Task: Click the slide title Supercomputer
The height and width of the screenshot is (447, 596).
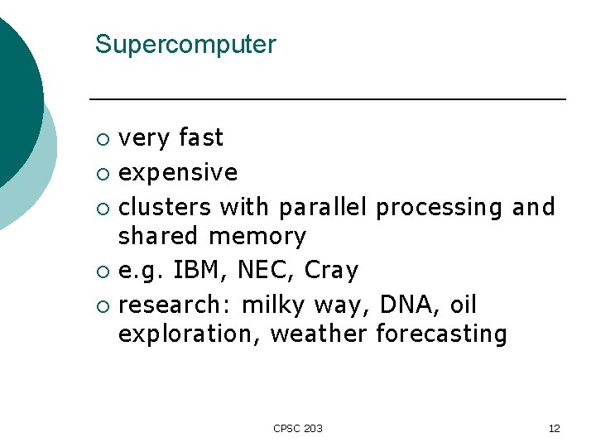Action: point(185,45)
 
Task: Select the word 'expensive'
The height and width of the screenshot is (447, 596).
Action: point(178,173)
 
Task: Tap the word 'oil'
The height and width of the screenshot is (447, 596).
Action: point(464,305)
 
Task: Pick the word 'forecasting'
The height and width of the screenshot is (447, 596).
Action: point(441,334)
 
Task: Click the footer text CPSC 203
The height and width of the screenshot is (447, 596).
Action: point(298,428)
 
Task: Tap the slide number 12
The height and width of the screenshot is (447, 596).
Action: point(554,428)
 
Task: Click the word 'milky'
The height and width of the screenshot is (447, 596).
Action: point(274,305)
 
